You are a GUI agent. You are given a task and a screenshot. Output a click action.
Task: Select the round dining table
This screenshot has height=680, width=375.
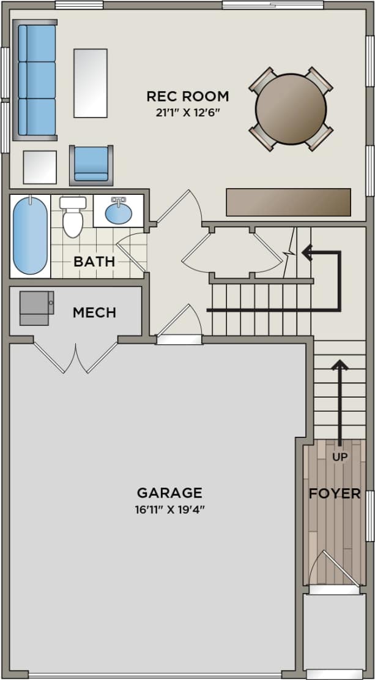point(291,109)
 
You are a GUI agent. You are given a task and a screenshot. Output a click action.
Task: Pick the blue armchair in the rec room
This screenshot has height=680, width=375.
point(91,165)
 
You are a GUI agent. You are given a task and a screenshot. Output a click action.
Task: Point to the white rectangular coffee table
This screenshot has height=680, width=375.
point(91,83)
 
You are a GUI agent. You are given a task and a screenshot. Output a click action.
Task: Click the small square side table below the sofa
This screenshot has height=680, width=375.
point(40,167)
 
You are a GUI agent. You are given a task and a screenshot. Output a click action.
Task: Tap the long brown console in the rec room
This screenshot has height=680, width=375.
point(289,202)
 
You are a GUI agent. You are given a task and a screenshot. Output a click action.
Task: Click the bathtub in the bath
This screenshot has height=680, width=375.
point(30,235)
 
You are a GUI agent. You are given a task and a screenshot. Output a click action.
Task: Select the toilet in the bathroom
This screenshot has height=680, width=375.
point(73,216)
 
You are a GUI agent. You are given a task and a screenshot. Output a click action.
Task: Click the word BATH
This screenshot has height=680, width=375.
point(94,262)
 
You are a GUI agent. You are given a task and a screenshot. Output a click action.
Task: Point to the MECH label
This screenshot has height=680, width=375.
point(94,312)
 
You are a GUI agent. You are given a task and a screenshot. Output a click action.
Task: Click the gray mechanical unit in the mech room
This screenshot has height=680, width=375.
point(37,308)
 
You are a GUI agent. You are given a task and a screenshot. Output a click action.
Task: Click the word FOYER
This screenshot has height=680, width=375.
point(335,493)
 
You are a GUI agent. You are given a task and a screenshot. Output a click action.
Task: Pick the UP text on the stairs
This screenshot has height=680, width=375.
point(340,456)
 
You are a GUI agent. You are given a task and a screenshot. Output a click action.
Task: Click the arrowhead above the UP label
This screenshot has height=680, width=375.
point(340,365)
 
